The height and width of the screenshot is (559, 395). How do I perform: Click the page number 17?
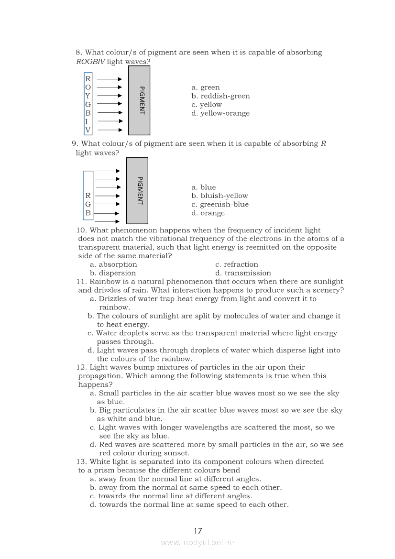198,531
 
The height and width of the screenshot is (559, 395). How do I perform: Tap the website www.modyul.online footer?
197,542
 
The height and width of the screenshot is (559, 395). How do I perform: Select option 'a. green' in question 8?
206,88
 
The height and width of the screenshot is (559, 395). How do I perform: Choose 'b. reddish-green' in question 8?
220,96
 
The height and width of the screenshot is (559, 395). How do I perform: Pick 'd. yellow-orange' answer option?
220,113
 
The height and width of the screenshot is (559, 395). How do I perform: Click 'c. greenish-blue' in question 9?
220,205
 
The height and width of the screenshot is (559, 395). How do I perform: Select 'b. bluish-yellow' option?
219,196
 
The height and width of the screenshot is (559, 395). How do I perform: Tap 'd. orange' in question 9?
208,213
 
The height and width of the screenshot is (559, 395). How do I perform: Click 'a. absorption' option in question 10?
113,264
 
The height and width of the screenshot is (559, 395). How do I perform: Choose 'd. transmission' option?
243,273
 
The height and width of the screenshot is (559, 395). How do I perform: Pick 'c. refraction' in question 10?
237,264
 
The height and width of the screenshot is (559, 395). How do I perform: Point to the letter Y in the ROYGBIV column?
88,96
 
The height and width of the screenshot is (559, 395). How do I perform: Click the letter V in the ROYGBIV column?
88,130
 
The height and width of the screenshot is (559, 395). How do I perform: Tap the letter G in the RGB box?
88,204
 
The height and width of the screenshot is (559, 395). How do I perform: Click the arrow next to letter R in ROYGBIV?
110,79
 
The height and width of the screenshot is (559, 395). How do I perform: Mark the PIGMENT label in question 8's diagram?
142,100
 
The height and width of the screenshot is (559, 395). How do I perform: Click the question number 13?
81,461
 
